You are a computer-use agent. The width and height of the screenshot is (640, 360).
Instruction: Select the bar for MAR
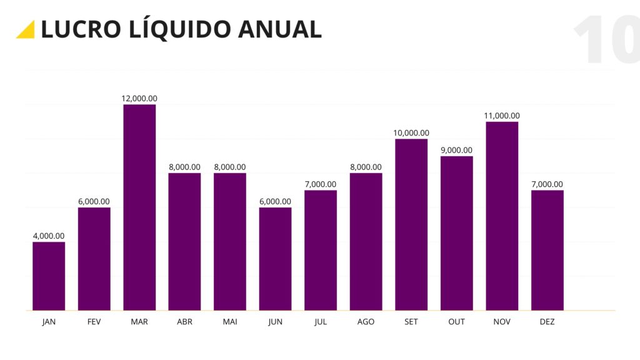coord(139,207)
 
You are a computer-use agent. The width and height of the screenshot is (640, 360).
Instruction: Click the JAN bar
coord(49,276)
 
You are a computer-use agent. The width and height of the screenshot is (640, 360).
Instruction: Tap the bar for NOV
coord(502,216)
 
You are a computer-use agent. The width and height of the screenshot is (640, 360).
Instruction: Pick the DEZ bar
coord(547,250)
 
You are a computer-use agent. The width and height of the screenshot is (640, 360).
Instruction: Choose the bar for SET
coord(411,224)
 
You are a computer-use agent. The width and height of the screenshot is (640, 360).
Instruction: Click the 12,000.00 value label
coord(139,98)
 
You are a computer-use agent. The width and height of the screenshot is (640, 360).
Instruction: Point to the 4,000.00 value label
coord(49,236)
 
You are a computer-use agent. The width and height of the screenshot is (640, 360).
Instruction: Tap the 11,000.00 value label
coord(502,116)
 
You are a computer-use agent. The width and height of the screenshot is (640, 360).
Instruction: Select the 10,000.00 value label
coord(411,132)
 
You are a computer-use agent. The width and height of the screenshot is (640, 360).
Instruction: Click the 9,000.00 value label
coord(456,150)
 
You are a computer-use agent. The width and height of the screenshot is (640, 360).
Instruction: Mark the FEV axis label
coord(94,322)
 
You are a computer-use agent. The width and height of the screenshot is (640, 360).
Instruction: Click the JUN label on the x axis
coord(275,322)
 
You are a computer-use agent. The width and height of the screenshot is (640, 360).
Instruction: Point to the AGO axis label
coord(366,322)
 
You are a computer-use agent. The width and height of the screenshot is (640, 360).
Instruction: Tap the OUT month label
coord(456,322)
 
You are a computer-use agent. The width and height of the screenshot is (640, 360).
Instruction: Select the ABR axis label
coord(184,322)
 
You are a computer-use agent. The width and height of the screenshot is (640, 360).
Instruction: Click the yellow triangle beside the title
coord(26,30)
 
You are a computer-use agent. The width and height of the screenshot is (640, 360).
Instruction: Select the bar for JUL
coord(321,250)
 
